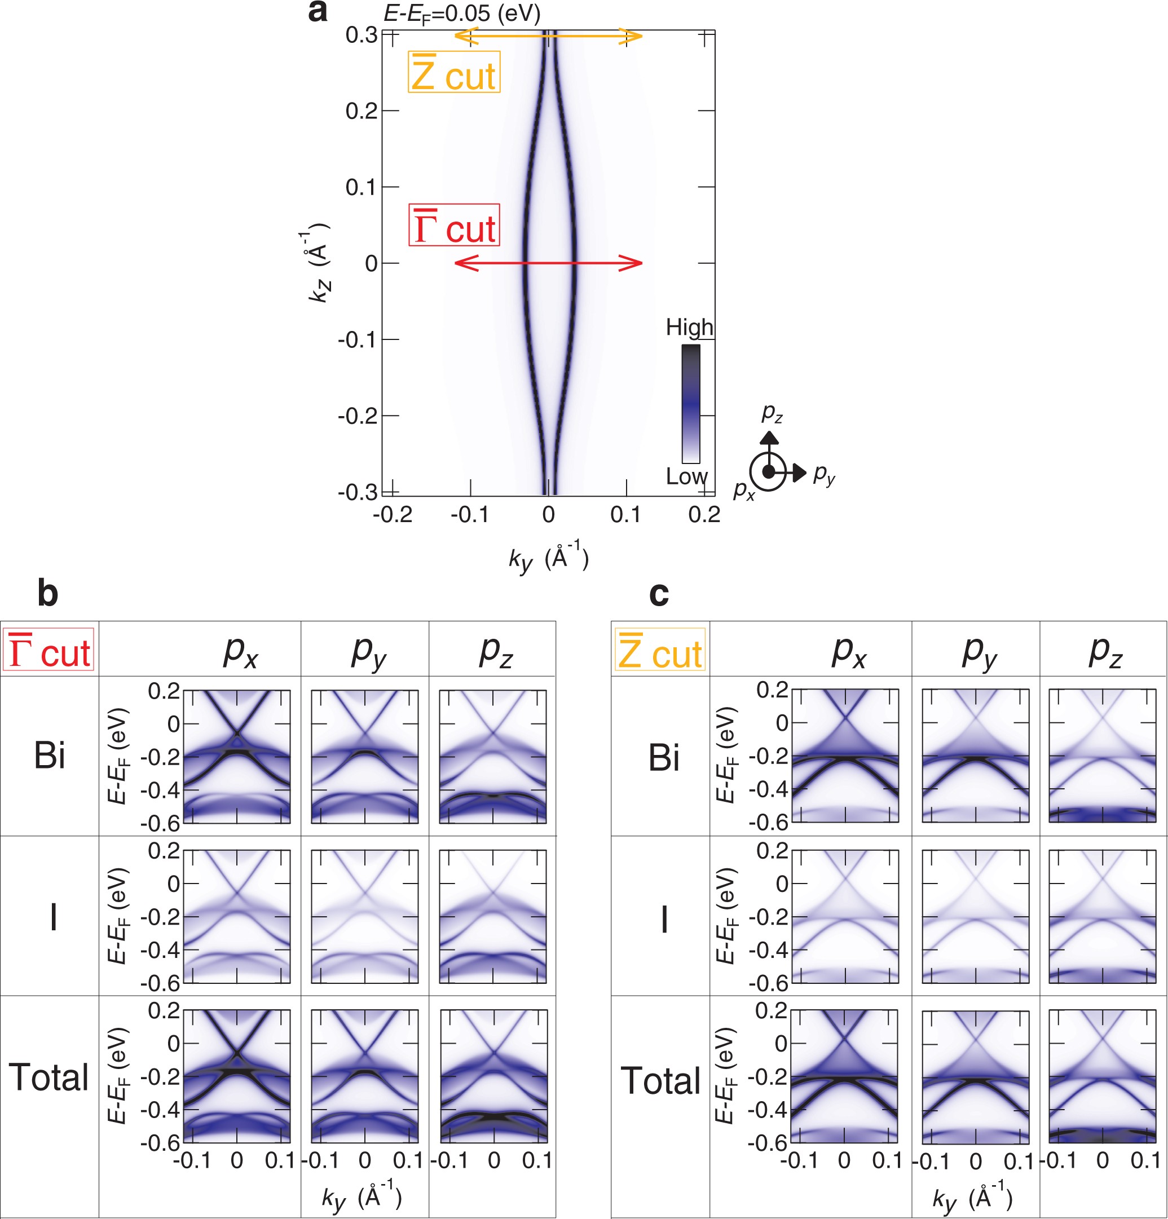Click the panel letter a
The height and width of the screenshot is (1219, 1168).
pos(318,12)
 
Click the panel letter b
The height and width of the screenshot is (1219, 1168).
pos(48,593)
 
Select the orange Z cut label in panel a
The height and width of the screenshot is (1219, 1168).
pos(454,72)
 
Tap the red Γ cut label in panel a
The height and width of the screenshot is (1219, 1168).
pos(454,224)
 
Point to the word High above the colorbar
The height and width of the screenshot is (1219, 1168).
pos(689,327)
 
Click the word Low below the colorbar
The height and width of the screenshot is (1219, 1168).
pos(686,476)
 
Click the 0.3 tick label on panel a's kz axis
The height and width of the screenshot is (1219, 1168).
pos(362,36)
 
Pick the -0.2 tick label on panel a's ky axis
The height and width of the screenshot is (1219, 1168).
pos(393,515)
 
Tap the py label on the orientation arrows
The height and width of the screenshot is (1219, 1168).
pos(824,475)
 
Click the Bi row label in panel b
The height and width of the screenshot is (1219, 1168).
pos(49,756)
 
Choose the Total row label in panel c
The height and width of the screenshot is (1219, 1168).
pos(660,1080)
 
